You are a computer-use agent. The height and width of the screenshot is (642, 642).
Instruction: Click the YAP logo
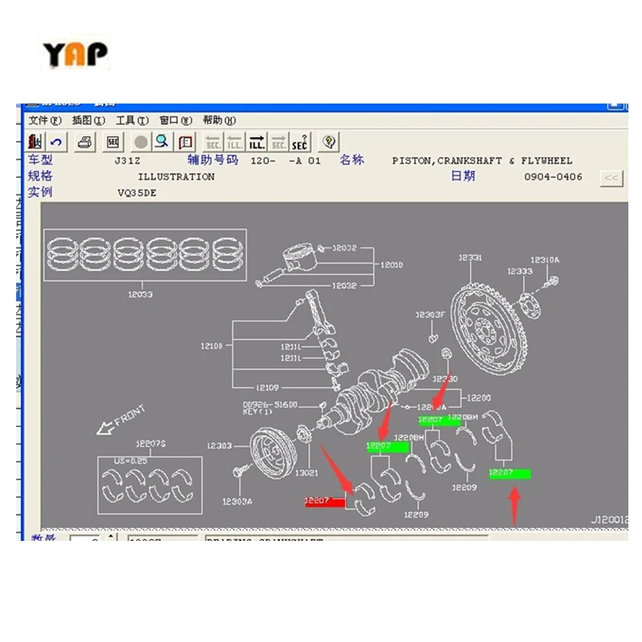[x=75, y=55]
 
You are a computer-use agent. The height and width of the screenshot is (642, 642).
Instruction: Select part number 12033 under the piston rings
[x=140, y=295]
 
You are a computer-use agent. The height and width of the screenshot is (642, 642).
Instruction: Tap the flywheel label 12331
[x=469, y=258]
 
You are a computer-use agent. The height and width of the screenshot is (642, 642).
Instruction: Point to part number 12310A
[x=544, y=260]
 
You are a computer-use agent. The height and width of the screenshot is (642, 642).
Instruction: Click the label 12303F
[x=429, y=314]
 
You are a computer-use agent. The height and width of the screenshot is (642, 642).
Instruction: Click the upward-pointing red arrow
[x=515, y=506]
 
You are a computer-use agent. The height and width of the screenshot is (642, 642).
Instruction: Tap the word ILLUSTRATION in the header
[x=176, y=177]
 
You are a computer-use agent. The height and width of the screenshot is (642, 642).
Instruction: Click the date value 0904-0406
[x=553, y=177]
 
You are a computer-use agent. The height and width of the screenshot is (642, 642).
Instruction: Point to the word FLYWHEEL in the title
[x=547, y=160]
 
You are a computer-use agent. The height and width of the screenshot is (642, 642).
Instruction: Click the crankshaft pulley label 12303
[x=219, y=445]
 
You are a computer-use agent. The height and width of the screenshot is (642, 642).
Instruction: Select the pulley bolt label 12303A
[x=237, y=502]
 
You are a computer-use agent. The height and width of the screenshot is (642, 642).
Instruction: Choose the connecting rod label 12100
[x=212, y=346]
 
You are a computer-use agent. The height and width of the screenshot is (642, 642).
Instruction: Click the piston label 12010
[x=392, y=265]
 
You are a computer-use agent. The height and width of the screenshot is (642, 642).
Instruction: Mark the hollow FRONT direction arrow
[x=104, y=429]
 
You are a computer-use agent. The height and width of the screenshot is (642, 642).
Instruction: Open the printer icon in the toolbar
[x=86, y=143]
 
